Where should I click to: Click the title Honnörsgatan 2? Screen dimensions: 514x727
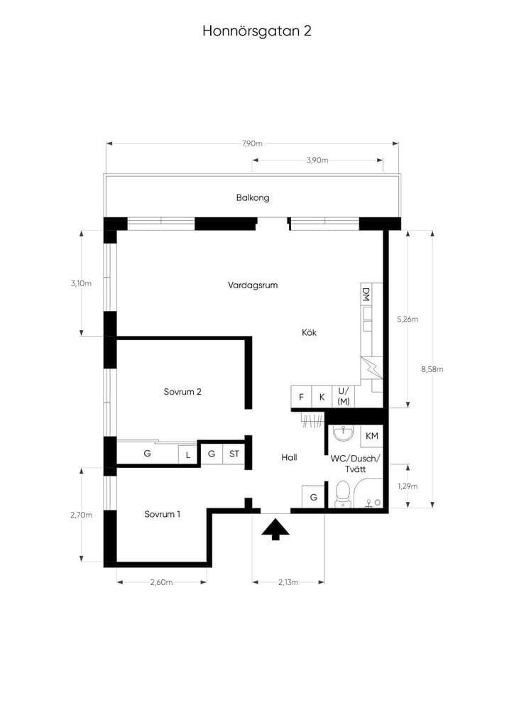coord(257,31)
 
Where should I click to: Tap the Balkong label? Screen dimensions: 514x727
coord(253,198)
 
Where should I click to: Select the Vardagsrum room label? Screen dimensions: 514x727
coord(253,285)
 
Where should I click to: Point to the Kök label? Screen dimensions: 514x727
coord(309,332)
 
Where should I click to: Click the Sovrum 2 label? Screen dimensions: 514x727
coord(182,392)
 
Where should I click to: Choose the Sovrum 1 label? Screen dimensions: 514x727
coord(162,514)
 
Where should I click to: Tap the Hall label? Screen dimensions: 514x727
coord(289,458)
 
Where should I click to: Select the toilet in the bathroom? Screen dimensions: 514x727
coord(342,493)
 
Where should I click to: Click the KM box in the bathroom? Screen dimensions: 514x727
coord(372,437)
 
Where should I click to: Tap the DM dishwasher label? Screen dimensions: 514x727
coord(366,295)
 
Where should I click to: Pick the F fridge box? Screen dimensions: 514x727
coord(301,397)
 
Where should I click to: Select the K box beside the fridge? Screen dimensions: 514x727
coord(322,397)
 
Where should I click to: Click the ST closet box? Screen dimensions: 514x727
coord(234,454)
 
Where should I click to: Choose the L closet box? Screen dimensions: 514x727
coord(188,455)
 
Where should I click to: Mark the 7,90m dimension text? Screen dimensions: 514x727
coord(252,143)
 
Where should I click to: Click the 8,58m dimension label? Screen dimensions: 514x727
coord(432,369)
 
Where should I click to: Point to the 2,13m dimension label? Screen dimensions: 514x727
coord(288,582)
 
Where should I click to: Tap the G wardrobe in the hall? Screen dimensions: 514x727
coord(313,497)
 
